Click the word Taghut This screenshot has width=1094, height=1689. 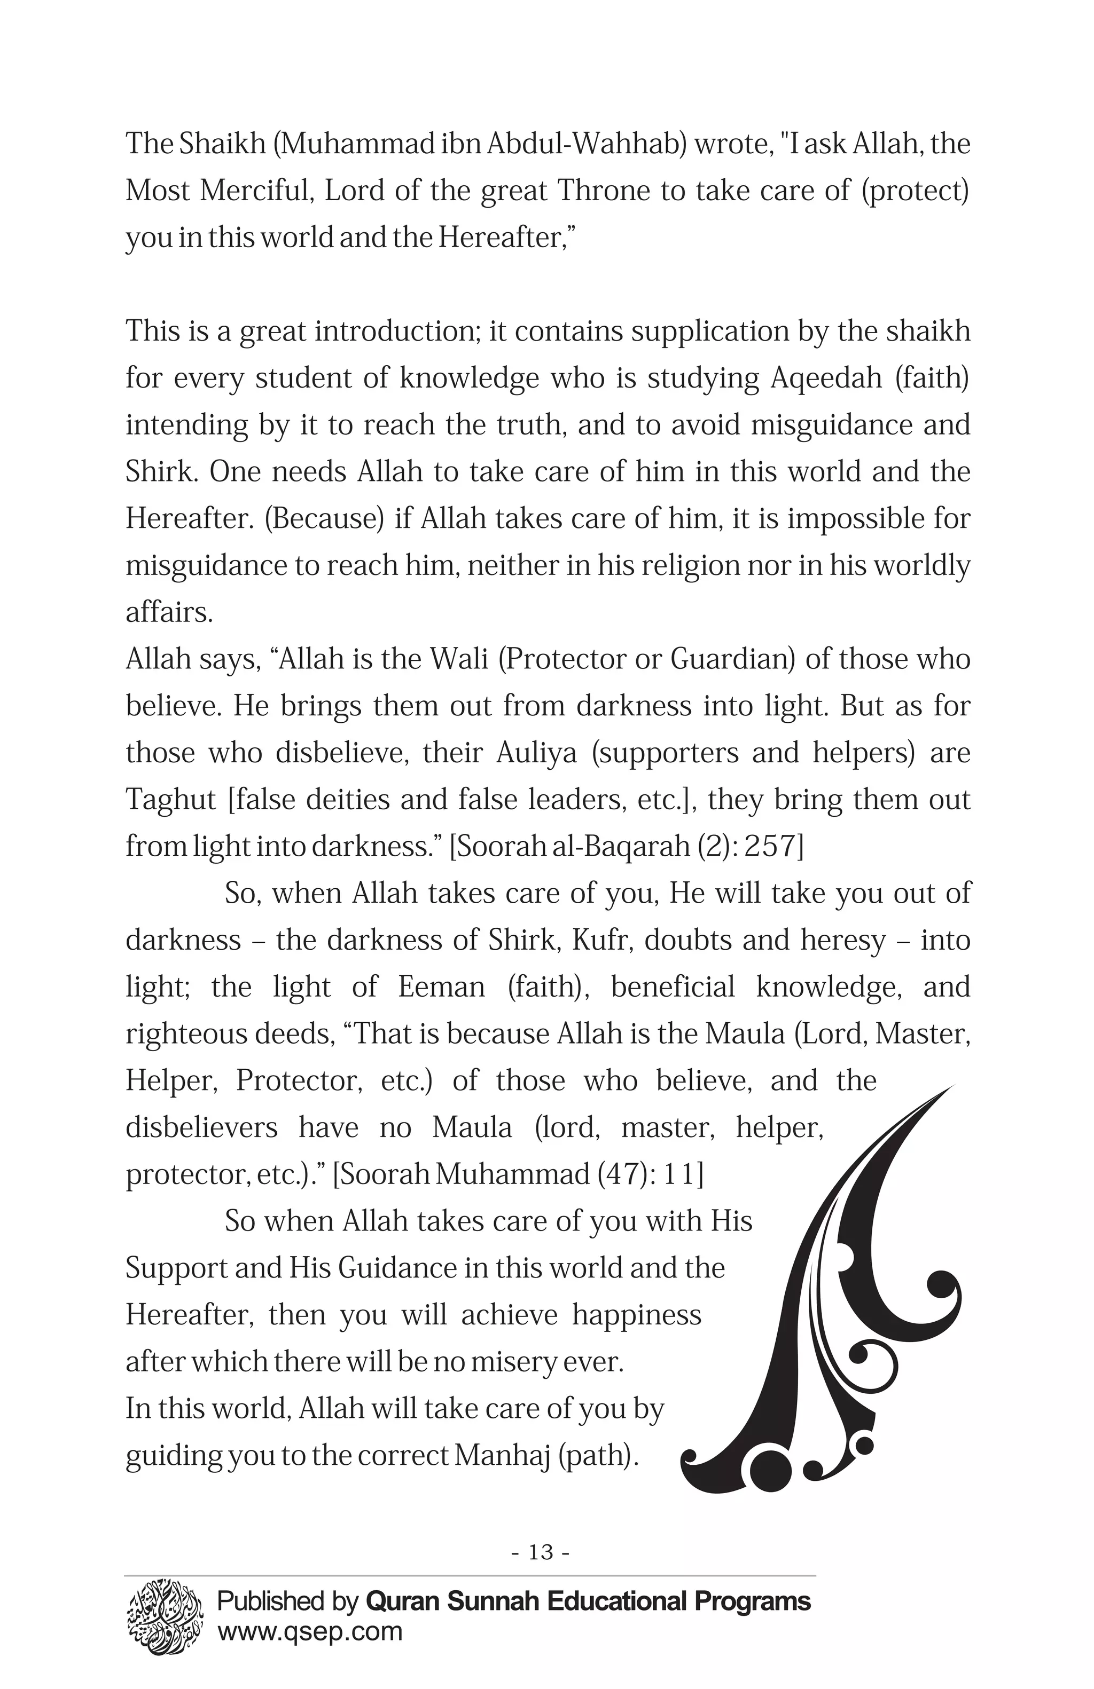170,800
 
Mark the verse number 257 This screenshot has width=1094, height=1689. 777,847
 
